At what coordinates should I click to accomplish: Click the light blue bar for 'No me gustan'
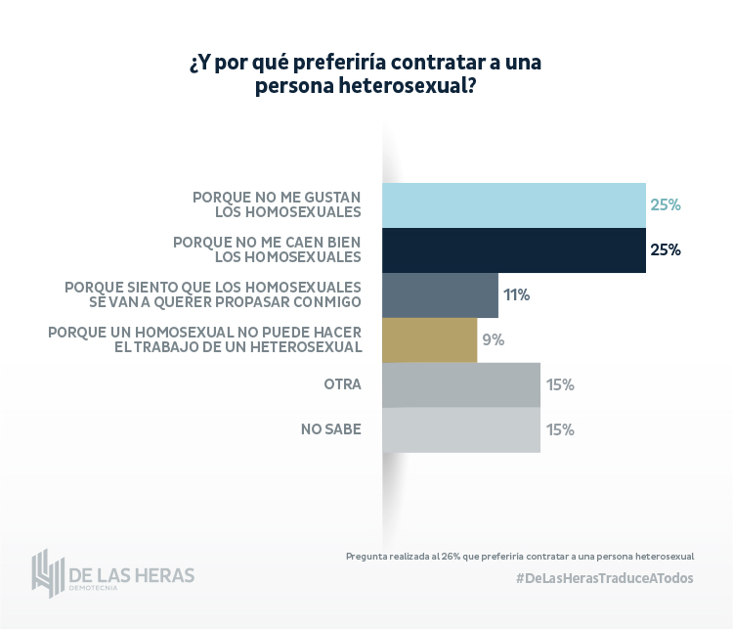coord(513,205)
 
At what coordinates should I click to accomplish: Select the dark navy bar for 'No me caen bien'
coord(513,249)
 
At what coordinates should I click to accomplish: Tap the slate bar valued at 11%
coord(440,294)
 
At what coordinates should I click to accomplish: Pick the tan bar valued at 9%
coord(429,339)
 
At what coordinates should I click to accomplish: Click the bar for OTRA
coord(460,384)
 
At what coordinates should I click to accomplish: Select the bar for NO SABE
coord(460,429)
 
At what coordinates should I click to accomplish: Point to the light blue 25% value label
coord(665,205)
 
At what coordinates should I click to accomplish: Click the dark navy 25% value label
coord(665,249)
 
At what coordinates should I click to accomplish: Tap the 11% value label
coord(516,294)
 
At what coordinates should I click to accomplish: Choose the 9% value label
coord(493,339)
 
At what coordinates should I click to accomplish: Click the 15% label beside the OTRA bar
coord(560,384)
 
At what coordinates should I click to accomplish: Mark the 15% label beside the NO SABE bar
coord(560,429)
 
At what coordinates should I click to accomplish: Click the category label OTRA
coord(342,384)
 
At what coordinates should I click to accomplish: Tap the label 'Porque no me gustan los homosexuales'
coord(277,204)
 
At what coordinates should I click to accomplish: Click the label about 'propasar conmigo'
coord(213,294)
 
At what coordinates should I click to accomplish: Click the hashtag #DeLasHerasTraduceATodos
coord(604,578)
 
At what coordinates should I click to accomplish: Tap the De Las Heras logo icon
coord(47,573)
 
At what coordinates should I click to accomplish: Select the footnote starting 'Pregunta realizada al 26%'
coord(519,556)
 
